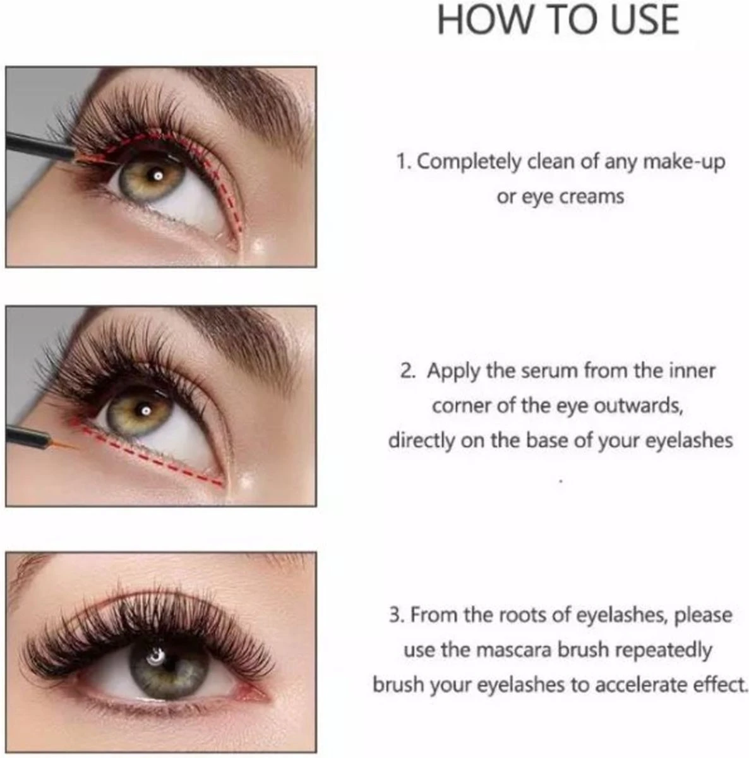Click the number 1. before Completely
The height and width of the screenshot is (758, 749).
coord(404,162)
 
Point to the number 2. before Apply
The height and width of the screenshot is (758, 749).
coord(408,370)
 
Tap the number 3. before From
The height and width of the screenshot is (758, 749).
coord(396,615)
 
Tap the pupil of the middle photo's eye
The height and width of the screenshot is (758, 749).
coord(145,411)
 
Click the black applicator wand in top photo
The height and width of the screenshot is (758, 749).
coord(38,144)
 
